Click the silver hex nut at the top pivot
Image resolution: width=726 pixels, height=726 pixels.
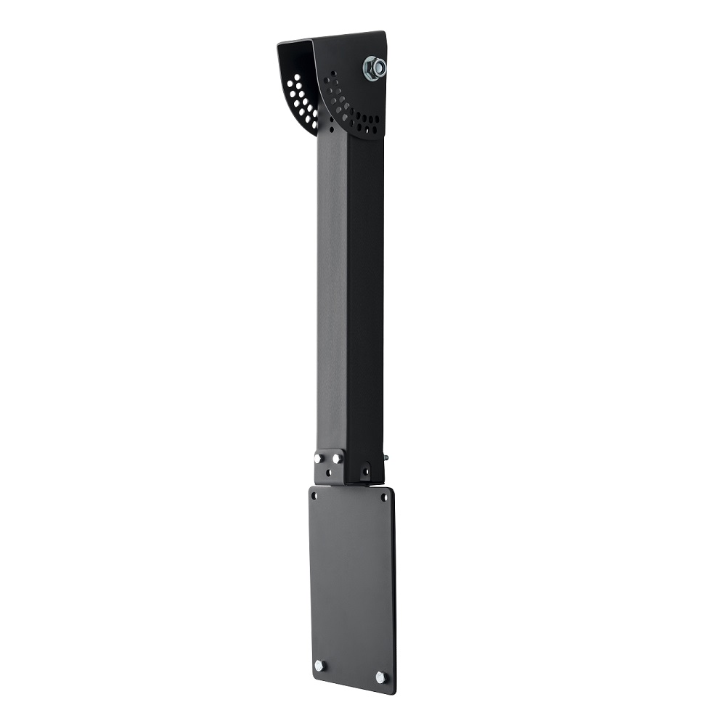pos(375,68)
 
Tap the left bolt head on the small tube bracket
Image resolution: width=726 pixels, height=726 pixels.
pos(319,458)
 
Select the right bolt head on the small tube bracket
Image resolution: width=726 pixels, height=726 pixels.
pos(336,458)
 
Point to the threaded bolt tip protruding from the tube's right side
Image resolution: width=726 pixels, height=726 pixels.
pos(386,458)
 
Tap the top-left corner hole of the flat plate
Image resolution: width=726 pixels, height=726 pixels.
pos(315,497)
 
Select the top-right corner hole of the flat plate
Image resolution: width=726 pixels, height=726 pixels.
pos(384,498)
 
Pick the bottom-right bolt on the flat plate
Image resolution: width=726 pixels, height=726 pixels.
pos(380,677)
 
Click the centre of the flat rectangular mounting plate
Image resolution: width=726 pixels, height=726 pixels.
pos(351,588)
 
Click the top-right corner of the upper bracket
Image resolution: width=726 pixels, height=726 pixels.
pos(384,33)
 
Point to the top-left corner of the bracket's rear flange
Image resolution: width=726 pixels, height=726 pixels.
pos(279,43)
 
